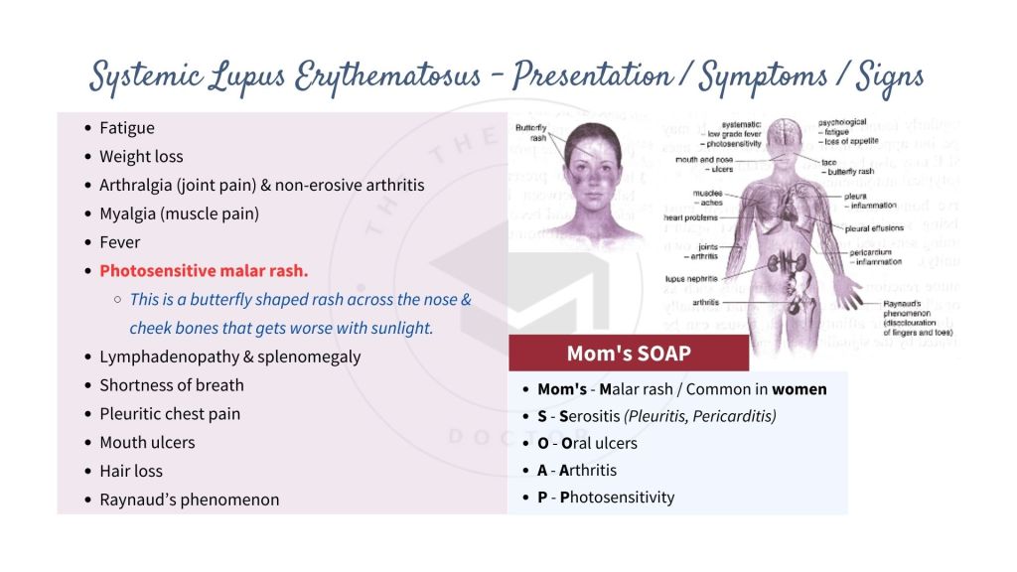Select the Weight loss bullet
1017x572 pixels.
coord(141,156)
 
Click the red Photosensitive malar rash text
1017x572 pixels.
coord(204,270)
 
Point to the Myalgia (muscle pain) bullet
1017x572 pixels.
coord(179,214)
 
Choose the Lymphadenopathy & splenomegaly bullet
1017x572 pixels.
coord(229,357)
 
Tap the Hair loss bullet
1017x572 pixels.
coord(130,471)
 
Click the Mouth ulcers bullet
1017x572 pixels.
coord(147,442)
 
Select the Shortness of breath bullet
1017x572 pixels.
coord(171,385)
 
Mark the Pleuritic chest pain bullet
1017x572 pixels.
coord(170,414)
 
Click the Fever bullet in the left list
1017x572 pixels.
coord(119,242)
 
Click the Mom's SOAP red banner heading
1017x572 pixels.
coord(628,354)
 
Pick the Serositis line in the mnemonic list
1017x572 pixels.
coord(656,416)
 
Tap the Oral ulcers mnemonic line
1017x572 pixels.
coord(587,443)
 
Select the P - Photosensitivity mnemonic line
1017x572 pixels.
coord(606,497)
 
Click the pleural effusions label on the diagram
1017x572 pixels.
coord(871,228)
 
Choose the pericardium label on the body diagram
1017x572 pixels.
coord(871,253)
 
